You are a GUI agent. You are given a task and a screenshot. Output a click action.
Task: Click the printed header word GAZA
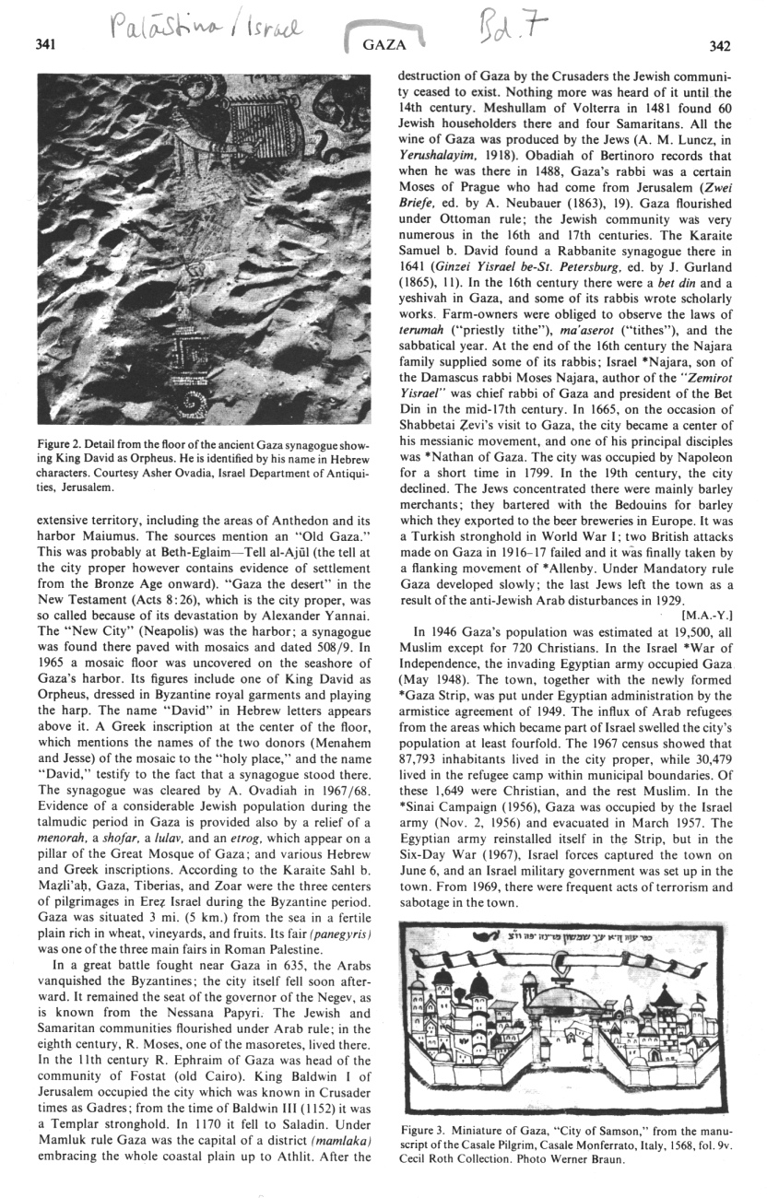(378, 43)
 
